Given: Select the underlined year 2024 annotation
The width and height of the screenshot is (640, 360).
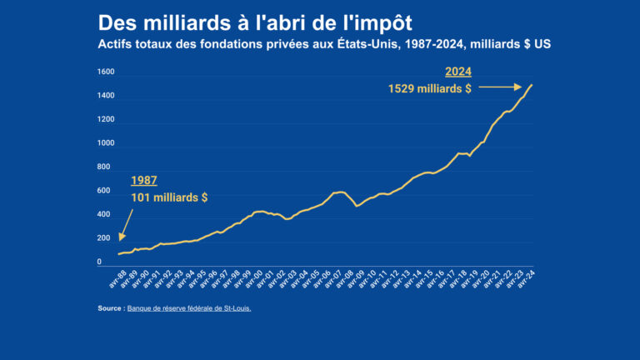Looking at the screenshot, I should tap(457, 71).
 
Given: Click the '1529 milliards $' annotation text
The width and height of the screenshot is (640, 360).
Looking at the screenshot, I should tap(430, 88).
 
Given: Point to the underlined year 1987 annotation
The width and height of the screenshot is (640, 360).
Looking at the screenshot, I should tap(144, 180).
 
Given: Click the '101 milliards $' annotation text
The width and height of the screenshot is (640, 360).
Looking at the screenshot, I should tap(169, 197).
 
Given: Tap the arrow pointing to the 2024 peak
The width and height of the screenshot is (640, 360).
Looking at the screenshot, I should tap(500, 87).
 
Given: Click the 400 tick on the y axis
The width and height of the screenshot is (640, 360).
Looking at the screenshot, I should tap(107, 215).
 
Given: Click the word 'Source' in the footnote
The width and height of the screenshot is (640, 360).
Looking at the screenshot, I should tap(110, 308).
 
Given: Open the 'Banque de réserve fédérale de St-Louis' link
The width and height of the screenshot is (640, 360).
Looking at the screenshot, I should tap(189, 308).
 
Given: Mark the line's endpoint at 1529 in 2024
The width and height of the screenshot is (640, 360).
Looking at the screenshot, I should tap(532, 85).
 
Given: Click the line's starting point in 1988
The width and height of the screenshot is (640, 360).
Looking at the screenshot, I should tap(119, 254).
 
